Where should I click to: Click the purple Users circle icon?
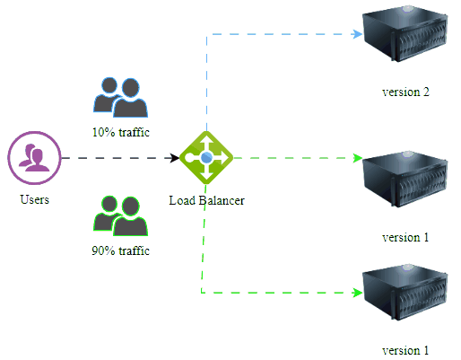coord(34,158)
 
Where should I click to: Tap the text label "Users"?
coord(34,199)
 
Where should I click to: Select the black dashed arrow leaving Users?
coord(117,158)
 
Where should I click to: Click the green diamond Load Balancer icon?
coord(206,158)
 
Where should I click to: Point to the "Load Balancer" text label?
coord(206,199)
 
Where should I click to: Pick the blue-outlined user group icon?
coord(120,97)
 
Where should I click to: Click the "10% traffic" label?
coord(120,133)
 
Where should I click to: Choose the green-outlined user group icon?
coord(120,215)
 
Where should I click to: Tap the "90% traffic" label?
coord(120,250)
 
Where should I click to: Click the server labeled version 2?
coord(404,40)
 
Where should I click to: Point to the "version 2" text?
coord(405,92)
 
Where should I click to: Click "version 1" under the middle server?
coord(405,238)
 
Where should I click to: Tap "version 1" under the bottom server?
coord(405,349)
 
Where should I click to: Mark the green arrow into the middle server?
coord(296,158)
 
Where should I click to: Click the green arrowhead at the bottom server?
coord(356,294)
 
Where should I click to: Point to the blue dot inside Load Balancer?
coord(206,158)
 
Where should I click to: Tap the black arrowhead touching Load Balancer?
coord(175,158)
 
